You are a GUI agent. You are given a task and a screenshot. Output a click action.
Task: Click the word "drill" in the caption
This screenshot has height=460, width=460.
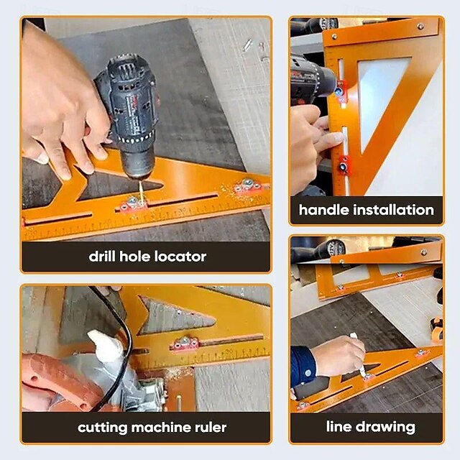105,256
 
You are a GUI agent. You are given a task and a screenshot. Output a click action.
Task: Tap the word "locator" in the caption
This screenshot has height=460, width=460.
180,256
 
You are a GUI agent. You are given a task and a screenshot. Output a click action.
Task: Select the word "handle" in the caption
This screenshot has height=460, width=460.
324,210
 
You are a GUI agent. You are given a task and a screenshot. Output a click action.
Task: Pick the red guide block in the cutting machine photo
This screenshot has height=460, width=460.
185,344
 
